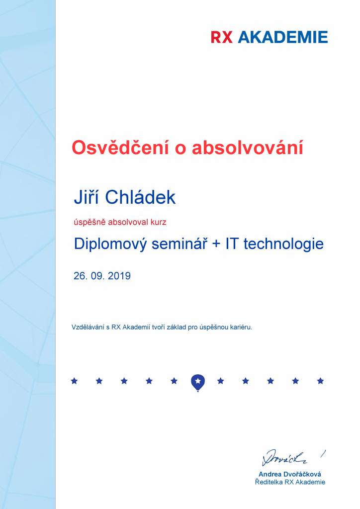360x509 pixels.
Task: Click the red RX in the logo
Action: tap(222, 37)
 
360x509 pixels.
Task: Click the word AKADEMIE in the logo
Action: tap(283, 37)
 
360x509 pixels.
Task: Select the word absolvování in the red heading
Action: tap(247, 147)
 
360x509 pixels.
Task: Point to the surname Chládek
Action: tap(141, 197)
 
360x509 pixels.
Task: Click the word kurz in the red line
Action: tap(159, 222)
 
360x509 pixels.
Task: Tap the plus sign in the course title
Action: tap(216, 244)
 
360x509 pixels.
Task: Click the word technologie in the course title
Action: tap(283, 244)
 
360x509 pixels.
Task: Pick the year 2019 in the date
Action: tap(119, 276)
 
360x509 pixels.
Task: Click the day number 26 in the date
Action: tap(80, 276)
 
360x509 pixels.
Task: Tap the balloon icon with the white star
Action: tap(198, 383)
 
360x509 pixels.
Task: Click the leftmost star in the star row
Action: tap(75, 381)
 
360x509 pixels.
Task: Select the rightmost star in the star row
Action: tap(320, 381)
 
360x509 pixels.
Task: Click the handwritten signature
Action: tap(285, 458)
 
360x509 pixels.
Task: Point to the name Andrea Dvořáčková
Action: tap(289, 474)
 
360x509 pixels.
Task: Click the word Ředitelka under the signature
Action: tap(269, 482)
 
